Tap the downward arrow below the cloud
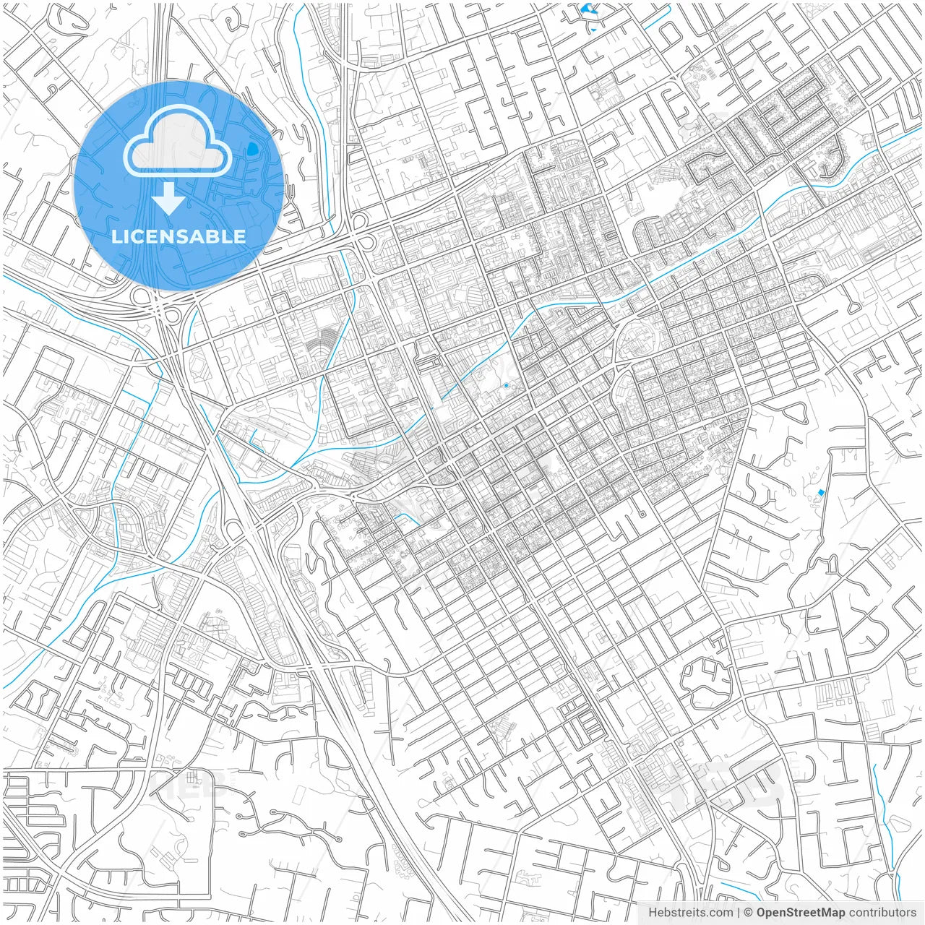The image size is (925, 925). [x=168, y=199]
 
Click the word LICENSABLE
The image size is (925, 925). [x=178, y=236]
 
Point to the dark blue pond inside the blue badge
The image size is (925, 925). [x=252, y=149]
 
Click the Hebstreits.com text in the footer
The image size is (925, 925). [x=689, y=913]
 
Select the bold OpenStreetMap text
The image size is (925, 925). [x=800, y=913]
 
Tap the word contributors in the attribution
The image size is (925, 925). [x=882, y=913]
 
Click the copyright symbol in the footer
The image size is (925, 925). [x=749, y=913]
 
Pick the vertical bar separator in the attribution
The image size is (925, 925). [x=738, y=913]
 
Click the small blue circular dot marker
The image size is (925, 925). [x=506, y=386]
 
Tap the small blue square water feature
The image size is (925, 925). [x=820, y=493]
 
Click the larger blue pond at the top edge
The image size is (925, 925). [x=587, y=10]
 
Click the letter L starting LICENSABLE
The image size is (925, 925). [x=116, y=236]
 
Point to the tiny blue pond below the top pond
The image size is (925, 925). [x=593, y=30]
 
